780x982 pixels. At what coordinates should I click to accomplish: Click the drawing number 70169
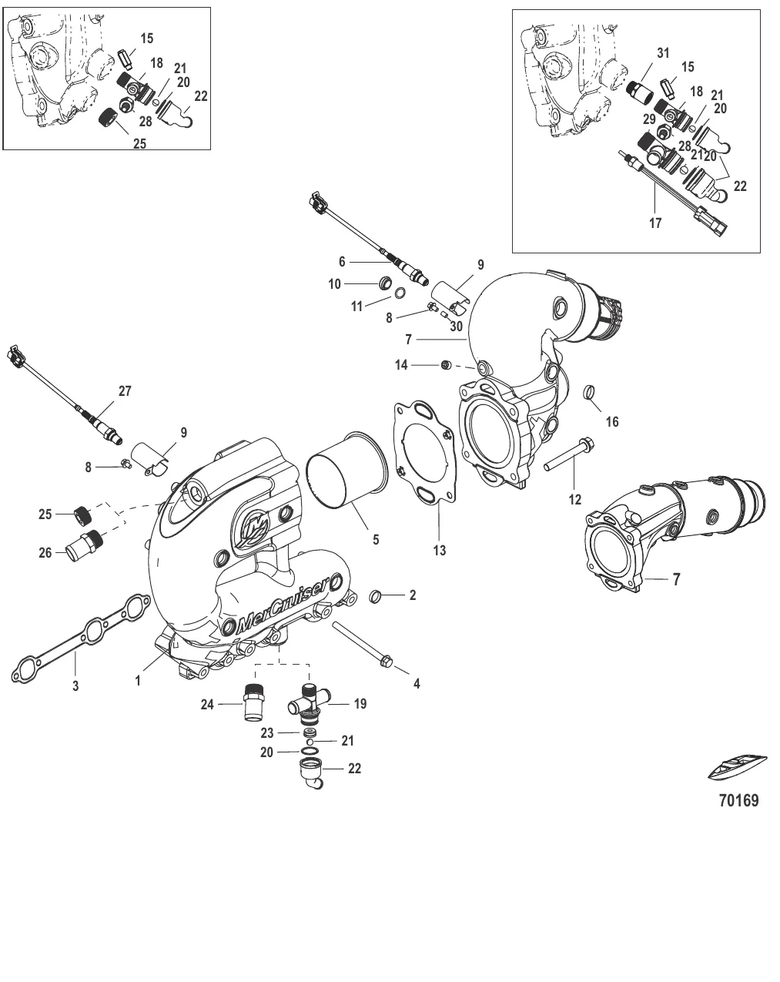(738, 800)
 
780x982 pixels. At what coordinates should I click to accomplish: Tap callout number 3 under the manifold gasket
(75, 685)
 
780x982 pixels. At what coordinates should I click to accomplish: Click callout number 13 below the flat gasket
(440, 551)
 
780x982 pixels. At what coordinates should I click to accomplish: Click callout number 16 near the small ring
(612, 421)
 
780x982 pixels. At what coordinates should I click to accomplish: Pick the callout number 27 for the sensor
(124, 390)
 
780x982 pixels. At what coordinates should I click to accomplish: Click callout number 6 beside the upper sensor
(342, 262)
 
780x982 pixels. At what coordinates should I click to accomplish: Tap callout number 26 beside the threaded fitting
(46, 552)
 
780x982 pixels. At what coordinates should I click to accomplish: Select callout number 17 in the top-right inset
(654, 224)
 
